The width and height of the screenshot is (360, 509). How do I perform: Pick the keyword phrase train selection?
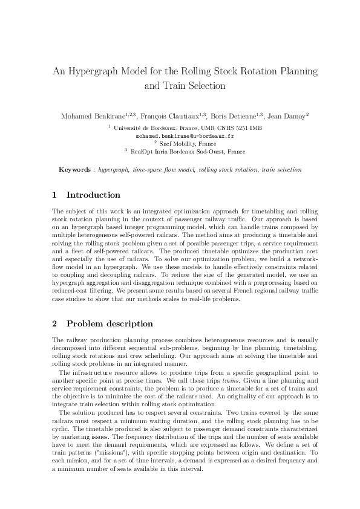(282, 170)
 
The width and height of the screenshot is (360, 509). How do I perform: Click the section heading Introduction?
(93, 195)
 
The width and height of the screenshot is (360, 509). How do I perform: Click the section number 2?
(55, 323)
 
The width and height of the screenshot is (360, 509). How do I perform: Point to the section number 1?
(55, 195)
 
